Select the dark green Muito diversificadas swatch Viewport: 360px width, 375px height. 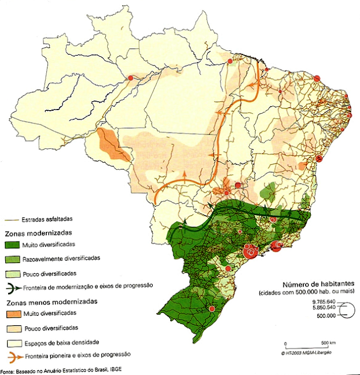pos(12,244)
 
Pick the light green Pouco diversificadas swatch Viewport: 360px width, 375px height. pos(12,272)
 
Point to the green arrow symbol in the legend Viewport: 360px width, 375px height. pos(12,287)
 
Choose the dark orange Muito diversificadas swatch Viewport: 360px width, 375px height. pos(12,314)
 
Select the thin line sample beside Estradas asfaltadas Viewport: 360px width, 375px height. pos(11,220)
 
